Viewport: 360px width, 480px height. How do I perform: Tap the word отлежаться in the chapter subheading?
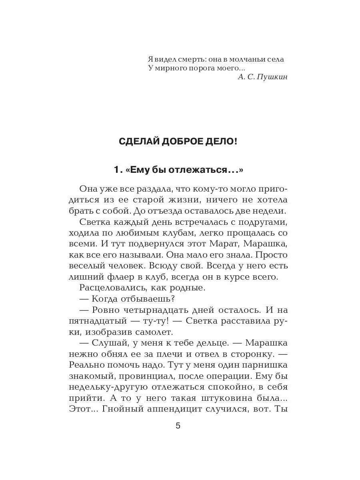(x=202, y=170)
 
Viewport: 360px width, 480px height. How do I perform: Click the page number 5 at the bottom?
(x=178, y=426)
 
